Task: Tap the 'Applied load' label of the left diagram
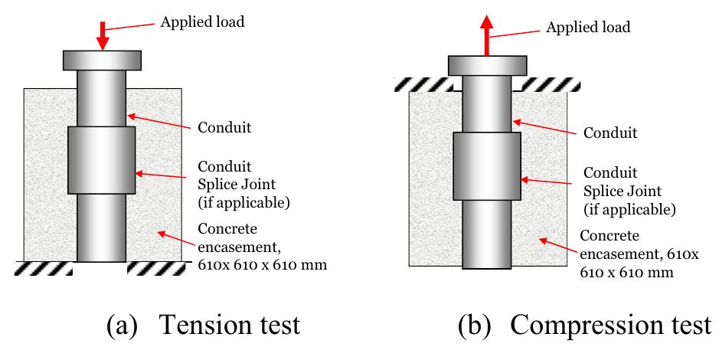click(202, 21)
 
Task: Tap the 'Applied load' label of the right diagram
click(587, 28)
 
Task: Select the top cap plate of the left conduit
click(102, 60)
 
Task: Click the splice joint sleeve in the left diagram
click(102, 160)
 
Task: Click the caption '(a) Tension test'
click(203, 325)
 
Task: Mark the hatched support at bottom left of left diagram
click(44, 268)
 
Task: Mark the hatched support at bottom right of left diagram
click(159, 268)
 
